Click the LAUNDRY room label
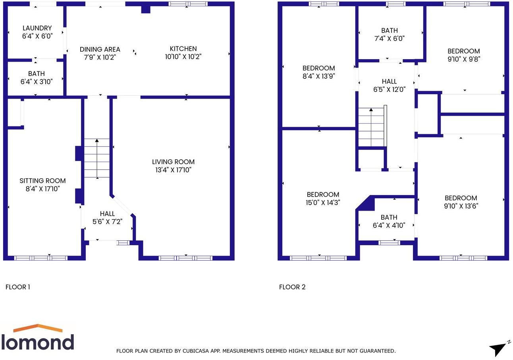point(37,28)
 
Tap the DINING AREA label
point(100,50)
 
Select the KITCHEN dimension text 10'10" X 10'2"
point(183,57)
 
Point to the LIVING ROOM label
point(173,162)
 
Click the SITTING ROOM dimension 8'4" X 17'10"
point(42,189)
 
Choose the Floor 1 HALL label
point(107,214)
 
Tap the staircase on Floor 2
point(371,127)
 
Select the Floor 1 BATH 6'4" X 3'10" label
point(36,77)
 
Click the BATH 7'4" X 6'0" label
point(389,35)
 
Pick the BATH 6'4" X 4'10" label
point(389,221)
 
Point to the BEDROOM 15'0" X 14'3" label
point(323,198)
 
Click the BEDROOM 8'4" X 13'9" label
point(318,72)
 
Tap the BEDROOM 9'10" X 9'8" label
point(463,55)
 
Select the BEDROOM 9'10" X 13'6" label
point(461,202)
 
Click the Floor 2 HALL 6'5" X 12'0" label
point(389,85)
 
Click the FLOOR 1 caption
point(17,287)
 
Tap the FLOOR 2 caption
point(292,287)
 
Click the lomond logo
point(38,338)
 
